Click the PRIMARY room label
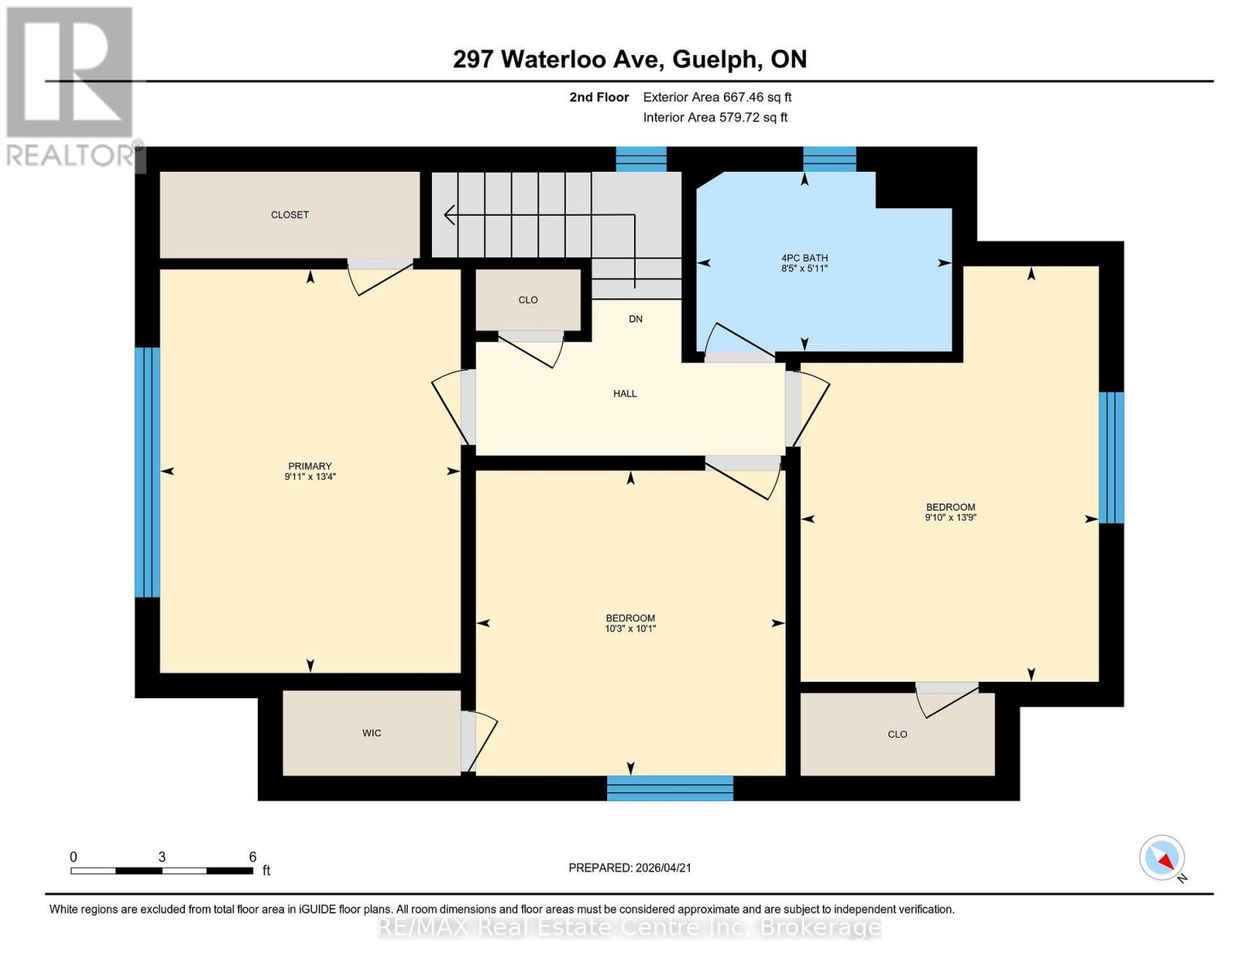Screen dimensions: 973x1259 (310, 465)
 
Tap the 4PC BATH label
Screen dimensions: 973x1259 (804, 258)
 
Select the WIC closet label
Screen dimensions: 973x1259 (371, 733)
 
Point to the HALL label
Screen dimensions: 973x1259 (624, 393)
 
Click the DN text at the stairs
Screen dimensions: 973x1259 (636, 319)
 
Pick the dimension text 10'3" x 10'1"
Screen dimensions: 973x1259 (630, 628)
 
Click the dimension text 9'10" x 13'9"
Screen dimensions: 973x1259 (950, 517)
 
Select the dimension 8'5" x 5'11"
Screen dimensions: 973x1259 (804, 268)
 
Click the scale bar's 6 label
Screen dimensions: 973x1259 (252, 857)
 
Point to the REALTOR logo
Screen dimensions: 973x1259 (70, 85)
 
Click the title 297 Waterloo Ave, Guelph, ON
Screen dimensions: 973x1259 (629, 59)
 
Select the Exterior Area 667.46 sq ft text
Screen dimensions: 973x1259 (717, 97)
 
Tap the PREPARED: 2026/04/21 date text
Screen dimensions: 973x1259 (629, 868)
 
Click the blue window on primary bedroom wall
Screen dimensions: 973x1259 (147, 472)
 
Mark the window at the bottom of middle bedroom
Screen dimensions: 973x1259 (670, 788)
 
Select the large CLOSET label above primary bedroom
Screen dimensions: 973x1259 (289, 215)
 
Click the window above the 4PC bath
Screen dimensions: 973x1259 (829, 159)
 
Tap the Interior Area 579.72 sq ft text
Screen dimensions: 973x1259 (715, 118)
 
